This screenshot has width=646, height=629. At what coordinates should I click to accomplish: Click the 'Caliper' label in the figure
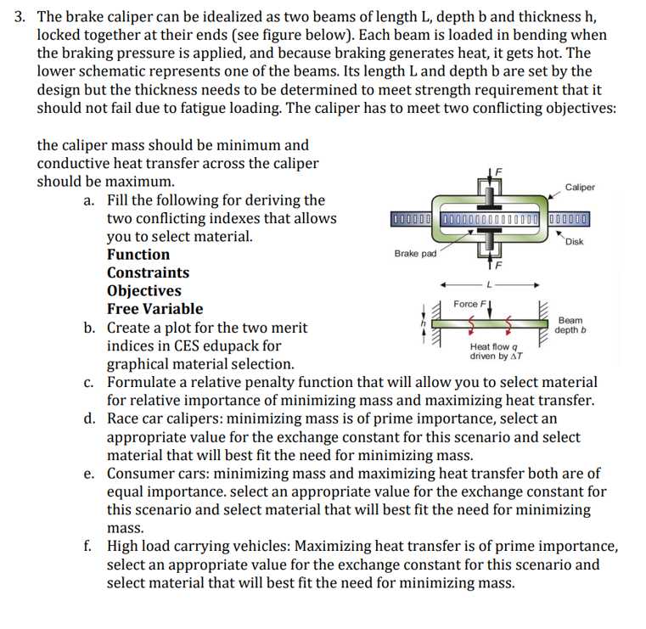[x=580, y=188]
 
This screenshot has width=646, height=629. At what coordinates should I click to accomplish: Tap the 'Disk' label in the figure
[x=575, y=242]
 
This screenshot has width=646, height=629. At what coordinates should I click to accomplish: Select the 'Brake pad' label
[x=415, y=254]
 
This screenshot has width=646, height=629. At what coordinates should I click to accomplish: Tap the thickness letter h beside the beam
[x=415, y=322]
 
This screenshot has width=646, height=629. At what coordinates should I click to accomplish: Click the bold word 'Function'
[x=138, y=255]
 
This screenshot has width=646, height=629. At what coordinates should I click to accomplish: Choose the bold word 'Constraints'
[x=148, y=273]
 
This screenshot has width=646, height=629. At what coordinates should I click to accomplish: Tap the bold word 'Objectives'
[x=143, y=291]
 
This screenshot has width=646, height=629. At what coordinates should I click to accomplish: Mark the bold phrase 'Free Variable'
[x=154, y=309]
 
